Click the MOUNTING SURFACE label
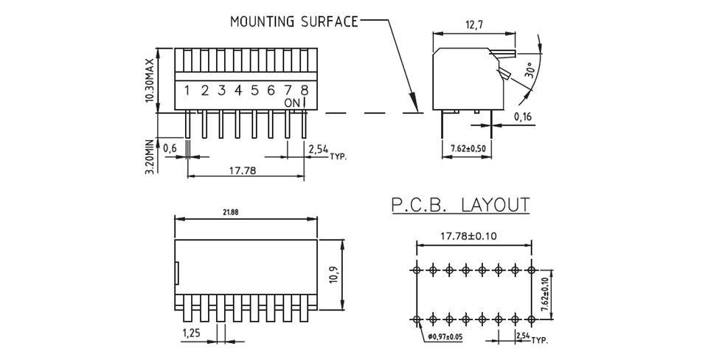coord(294,21)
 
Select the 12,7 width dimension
coord(473,25)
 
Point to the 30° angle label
coord(530,71)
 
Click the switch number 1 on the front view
coord(187,90)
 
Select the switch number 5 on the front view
coord(254,90)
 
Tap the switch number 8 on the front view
coord(305,90)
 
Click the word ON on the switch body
coord(292,103)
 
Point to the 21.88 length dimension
coord(231,212)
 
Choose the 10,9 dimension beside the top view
coord(334,274)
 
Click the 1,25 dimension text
coord(192,333)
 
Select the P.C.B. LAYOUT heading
coord(460,206)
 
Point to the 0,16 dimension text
coord(523,117)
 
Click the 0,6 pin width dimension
coord(170,148)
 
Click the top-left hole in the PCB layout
coord(416,270)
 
